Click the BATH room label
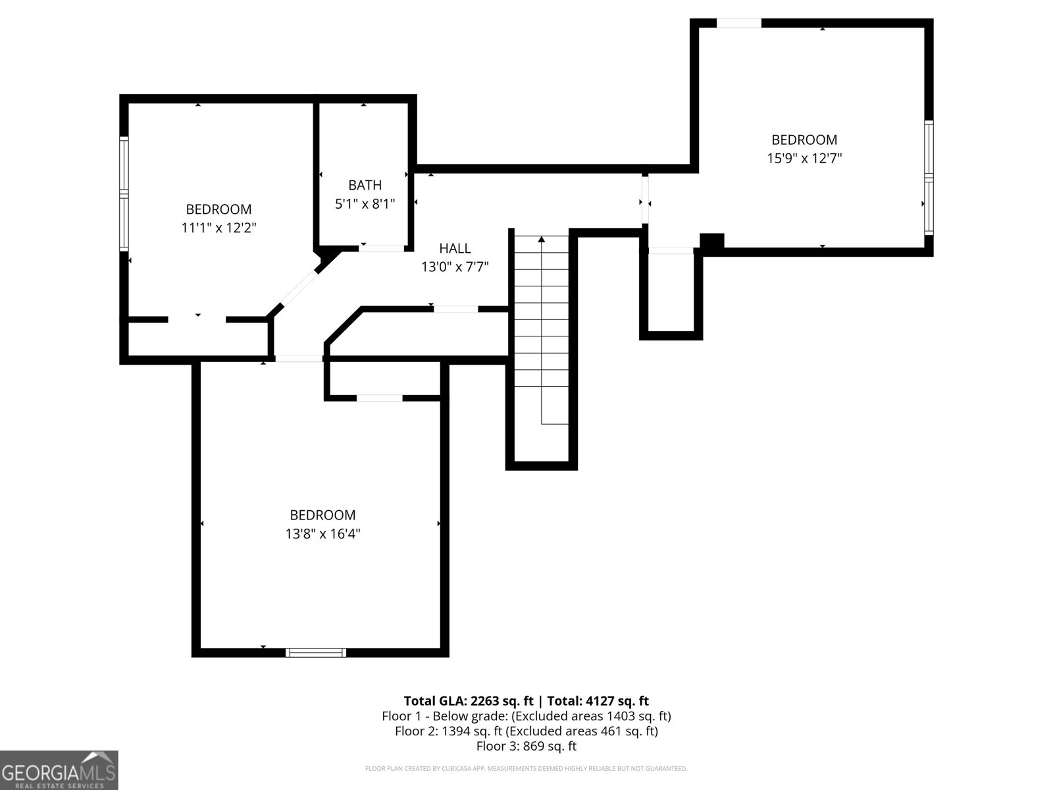(x=365, y=186)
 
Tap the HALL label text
(x=455, y=248)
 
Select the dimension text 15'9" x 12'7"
(x=804, y=158)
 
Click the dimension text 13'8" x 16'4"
(x=322, y=533)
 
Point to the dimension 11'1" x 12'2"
(x=218, y=228)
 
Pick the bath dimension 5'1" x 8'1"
(x=365, y=204)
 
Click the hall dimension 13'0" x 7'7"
(x=455, y=267)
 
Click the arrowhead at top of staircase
(x=542, y=240)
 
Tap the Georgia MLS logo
(x=59, y=770)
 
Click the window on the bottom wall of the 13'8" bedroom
(x=316, y=652)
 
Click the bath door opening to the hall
(x=382, y=248)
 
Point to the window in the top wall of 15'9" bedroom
(x=738, y=23)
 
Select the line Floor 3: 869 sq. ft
(x=526, y=746)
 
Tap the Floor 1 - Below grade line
(x=526, y=716)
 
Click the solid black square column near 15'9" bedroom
(x=711, y=241)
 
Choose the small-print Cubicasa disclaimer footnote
(x=526, y=768)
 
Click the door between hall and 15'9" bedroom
(x=645, y=201)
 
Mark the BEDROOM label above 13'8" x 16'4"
(x=322, y=515)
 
